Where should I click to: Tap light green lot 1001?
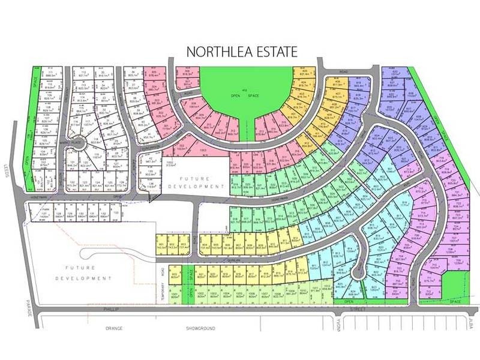[175, 295]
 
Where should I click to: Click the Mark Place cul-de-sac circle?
[78, 146]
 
